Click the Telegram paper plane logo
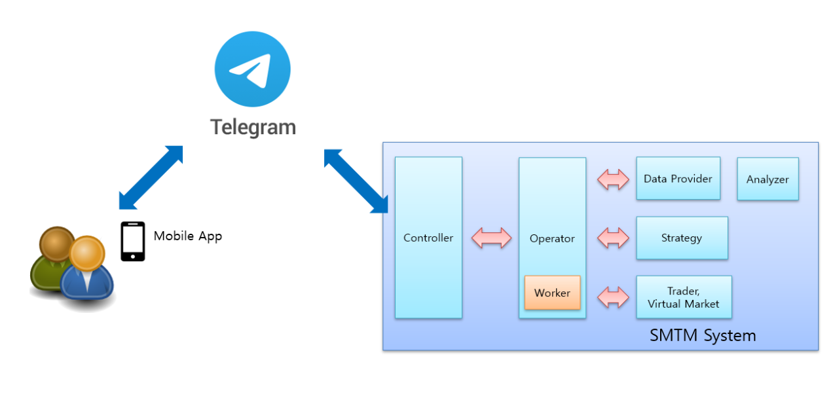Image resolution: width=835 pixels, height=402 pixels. (x=252, y=69)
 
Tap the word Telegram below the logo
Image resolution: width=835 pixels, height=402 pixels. (x=253, y=126)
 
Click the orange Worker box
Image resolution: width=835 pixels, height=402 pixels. (x=552, y=293)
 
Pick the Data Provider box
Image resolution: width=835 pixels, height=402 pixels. (x=678, y=178)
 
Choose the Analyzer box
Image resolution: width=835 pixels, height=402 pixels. (x=768, y=179)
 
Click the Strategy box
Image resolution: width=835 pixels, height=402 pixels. (x=682, y=238)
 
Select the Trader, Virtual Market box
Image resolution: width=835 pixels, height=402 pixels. (x=683, y=297)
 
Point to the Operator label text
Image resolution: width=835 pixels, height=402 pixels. (x=552, y=238)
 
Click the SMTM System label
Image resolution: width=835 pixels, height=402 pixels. (x=702, y=336)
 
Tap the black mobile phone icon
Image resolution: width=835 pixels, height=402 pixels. (x=133, y=241)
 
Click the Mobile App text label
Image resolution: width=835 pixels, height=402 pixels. (x=188, y=236)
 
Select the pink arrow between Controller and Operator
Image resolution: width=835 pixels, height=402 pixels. (x=491, y=238)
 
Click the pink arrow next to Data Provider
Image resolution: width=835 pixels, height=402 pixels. (x=613, y=179)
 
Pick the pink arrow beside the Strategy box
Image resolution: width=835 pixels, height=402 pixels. (x=613, y=238)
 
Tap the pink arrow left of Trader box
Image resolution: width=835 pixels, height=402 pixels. (x=613, y=297)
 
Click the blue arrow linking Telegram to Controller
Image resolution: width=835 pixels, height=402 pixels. (x=356, y=181)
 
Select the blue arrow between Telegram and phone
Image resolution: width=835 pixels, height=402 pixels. (x=151, y=177)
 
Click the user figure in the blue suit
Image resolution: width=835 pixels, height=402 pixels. (x=86, y=274)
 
